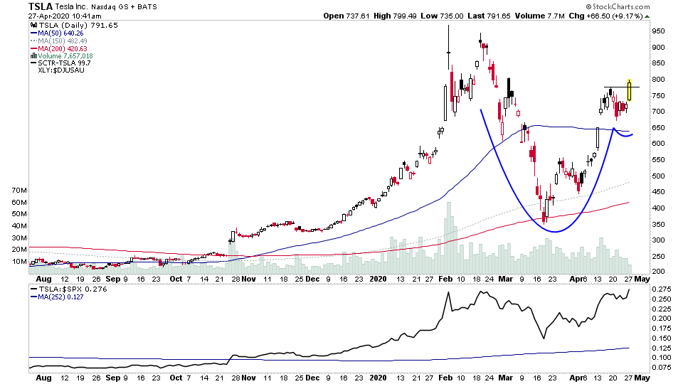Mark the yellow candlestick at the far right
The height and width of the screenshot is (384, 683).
point(630,90)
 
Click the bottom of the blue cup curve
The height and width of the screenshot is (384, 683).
point(556,231)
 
